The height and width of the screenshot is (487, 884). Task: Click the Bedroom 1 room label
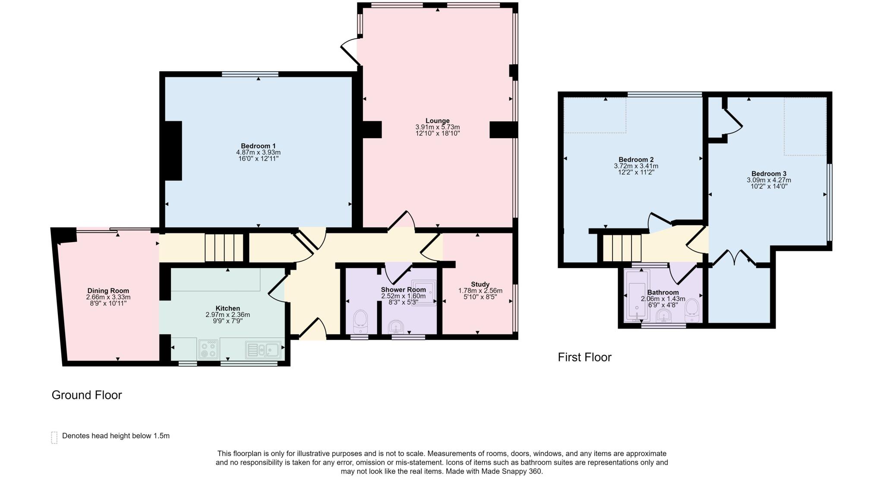258,146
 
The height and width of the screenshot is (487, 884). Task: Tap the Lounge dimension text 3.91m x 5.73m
437,127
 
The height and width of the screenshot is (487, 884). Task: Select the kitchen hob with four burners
208,349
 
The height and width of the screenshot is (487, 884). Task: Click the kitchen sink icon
264,349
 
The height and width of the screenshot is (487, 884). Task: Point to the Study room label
480,284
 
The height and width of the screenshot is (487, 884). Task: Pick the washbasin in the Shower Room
396,326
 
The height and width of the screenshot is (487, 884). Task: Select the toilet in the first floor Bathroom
692,310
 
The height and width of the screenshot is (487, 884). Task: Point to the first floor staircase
622,248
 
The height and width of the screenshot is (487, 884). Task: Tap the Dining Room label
108,291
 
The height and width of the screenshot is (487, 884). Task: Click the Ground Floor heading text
87,395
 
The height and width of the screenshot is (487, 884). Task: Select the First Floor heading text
584,357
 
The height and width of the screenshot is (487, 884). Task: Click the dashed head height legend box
54,437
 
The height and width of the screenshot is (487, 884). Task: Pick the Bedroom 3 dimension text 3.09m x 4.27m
769,180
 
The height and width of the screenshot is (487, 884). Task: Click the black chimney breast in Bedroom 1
173,150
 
